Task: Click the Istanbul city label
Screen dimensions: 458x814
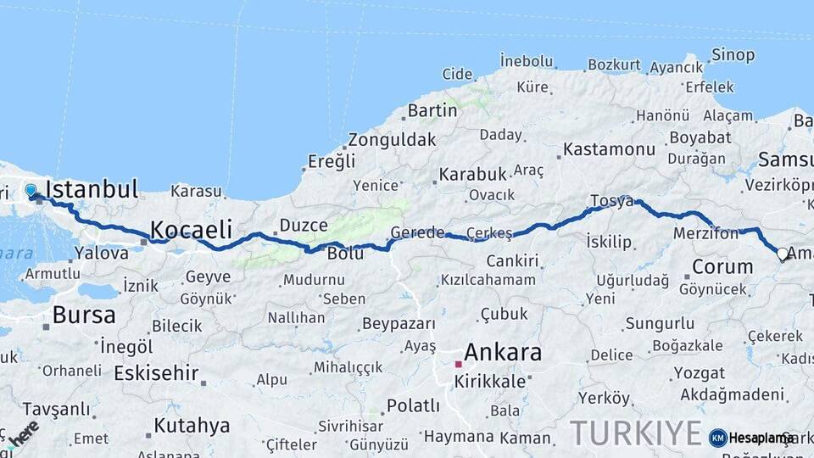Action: coord(92,189)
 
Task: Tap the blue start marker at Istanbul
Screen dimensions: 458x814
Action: coord(31,191)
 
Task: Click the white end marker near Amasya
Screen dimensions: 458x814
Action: coord(783,253)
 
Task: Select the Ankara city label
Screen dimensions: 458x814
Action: coord(503,353)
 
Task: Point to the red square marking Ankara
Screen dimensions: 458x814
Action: coord(458,364)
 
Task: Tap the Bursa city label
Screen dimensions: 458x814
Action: coord(84,315)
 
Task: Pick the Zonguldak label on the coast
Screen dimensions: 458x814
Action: coord(392,140)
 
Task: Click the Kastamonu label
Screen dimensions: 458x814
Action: coord(609,149)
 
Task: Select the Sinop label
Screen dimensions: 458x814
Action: coord(733,55)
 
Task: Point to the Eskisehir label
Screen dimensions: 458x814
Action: coord(156,372)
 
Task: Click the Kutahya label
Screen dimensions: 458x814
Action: coord(192,425)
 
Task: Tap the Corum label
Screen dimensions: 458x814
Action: coord(722,266)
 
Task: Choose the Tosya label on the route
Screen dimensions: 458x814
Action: coord(611,202)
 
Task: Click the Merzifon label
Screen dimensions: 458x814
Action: coord(706,232)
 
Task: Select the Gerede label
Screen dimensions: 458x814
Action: coord(417,232)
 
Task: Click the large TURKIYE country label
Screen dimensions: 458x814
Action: coord(636,433)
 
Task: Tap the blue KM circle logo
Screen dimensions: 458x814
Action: coord(718,438)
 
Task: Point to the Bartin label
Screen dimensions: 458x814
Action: coord(432,110)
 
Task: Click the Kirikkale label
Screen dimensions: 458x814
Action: coord(490,382)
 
